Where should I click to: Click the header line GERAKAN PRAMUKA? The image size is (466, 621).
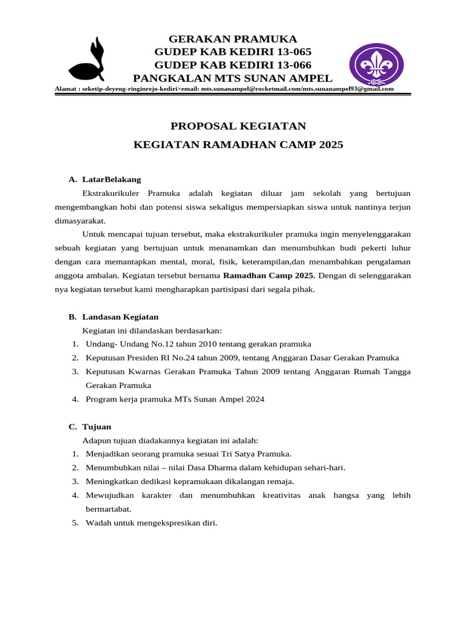click(232, 39)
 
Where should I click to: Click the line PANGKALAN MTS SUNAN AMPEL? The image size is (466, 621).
click(232, 78)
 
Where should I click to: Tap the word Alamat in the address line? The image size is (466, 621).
click(66, 89)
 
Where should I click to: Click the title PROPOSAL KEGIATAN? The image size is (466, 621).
click(238, 126)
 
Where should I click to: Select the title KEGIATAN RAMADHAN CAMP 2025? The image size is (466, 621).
click(238, 145)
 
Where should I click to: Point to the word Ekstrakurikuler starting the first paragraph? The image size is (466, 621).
click(109, 193)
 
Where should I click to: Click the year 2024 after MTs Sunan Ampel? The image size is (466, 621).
click(254, 399)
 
